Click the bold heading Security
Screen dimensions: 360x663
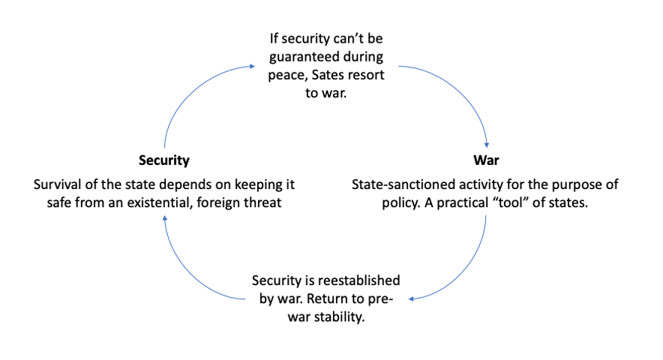click(163, 160)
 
